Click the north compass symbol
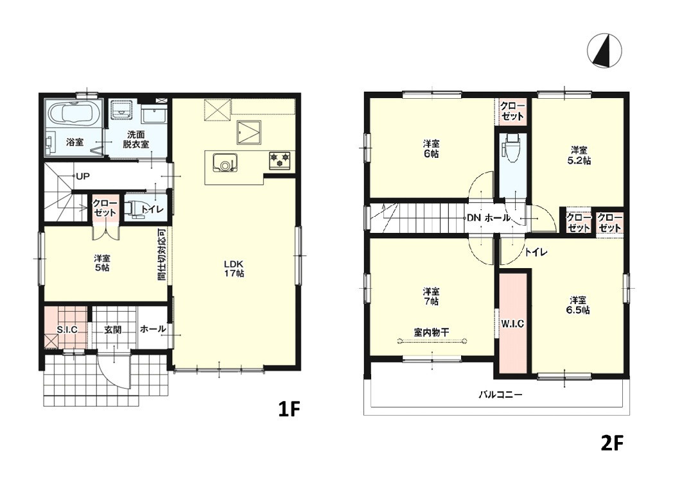pos(604,50)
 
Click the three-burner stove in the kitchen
pos(280,160)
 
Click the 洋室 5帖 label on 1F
pos(102,263)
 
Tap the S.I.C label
pos(67,330)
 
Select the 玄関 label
pos(113,330)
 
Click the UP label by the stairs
pos(83,176)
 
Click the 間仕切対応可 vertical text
pos(161,254)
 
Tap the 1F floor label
pos(288,409)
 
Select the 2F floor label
pos(611,443)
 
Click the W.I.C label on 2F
pos(512,324)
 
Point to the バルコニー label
pos(500,394)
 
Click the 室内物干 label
pos(432,332)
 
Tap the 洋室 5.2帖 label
pos(579,155)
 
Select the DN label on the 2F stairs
pos(474,218)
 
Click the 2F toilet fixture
pos(512,148)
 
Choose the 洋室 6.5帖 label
pos(578,305)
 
